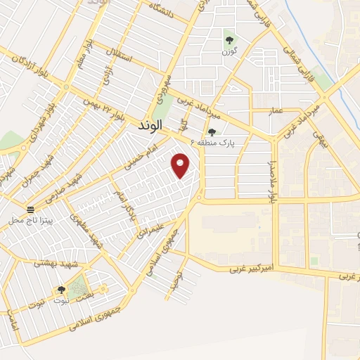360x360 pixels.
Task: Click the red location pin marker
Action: [x=181, y=165]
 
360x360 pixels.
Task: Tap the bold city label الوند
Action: [x=146, y=124]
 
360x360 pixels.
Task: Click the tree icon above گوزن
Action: [x=229, y=40]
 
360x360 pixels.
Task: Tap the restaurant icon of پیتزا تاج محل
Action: [x=31, y=210]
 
